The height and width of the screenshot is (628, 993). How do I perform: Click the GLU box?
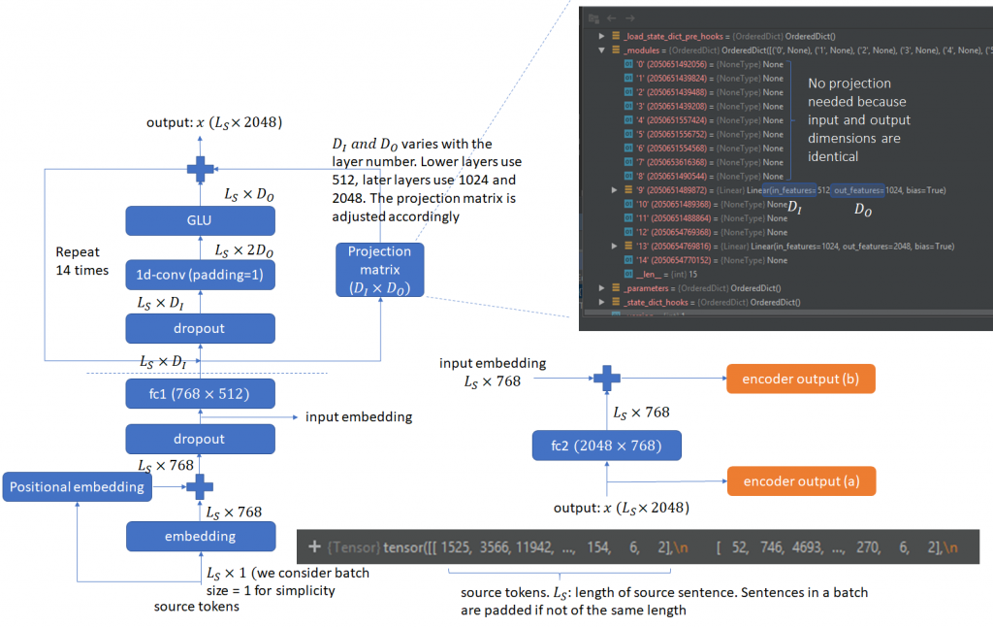point(200,221)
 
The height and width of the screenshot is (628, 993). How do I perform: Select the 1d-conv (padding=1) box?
point(200,276)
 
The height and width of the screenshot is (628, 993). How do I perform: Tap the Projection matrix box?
point(379,269)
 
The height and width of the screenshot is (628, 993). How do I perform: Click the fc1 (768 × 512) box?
point(200,393)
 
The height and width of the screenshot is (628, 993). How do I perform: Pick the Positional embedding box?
point(78,486)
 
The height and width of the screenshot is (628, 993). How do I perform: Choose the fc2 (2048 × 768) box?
point(607,446)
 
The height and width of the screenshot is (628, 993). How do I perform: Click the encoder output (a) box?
point(801,480)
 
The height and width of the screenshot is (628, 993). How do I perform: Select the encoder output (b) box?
point(801,378)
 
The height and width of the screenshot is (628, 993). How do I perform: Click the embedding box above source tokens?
point(200,536)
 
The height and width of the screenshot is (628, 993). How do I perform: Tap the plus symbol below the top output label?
point(200,168)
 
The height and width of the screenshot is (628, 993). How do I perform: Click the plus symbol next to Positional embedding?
point(200,486)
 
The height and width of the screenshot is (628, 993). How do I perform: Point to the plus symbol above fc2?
point(607,378)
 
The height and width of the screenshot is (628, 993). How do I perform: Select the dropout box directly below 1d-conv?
point(200,328)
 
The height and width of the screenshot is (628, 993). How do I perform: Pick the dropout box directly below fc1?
point(200,439)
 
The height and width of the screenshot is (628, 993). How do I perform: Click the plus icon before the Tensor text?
point(314,548)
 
